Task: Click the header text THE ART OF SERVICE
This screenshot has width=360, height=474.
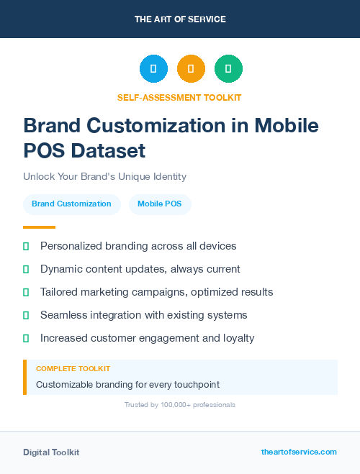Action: pos(180,19)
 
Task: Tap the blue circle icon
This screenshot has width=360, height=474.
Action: pos(153,69)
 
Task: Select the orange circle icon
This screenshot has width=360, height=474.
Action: pos(191,69)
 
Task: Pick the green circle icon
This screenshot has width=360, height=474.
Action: pos(228,69)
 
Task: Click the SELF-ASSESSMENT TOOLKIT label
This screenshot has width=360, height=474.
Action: pos(179,97)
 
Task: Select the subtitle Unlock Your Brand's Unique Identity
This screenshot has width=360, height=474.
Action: pos(104,176)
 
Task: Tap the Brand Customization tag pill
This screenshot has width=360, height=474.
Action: pos(71,204)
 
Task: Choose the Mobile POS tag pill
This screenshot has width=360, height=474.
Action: pos(160,204)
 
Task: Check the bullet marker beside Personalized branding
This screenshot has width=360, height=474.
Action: pos(26,246)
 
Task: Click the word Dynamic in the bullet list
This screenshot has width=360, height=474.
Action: pos(61,269)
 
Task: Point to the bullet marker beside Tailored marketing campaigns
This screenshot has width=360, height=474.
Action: pos(26,292)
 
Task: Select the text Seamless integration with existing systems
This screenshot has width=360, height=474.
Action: pos(143,315)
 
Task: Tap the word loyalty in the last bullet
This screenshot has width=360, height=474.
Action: pos(238,338)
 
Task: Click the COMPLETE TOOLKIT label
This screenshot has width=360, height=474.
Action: pos(73,368)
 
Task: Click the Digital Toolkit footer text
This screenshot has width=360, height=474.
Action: pos(51,452)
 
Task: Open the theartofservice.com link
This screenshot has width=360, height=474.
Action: pos(299,452)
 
